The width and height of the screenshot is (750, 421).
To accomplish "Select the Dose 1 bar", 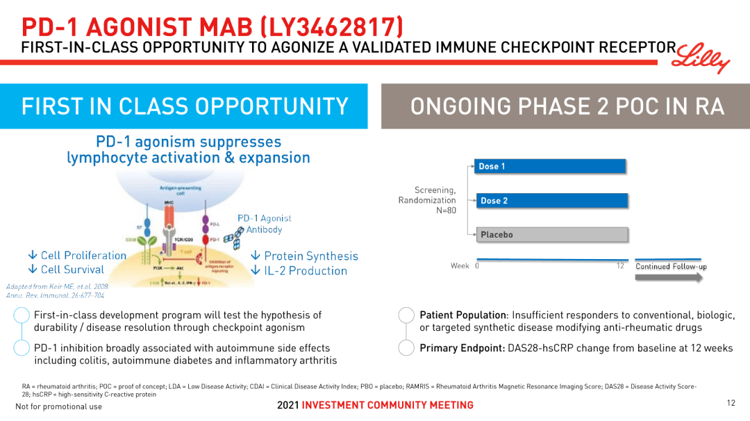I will pyautogui.click(x=551, y=166).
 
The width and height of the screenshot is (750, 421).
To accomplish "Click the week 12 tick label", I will pyautogui.click(x=620, y=266).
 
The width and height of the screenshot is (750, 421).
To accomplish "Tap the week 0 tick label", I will pyautogui.click(x=477, y=266).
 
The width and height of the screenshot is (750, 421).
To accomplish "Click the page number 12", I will pyautogui.click(x=731, y=403).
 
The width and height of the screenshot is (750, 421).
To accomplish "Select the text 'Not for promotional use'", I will pyautogui.click(x=58, y=406).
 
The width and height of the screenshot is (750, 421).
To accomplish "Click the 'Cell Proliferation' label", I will pyautogui.click(x=77, y=256).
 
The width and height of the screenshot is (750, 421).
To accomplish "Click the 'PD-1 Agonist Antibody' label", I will pyautogui.click(x=264, y=224).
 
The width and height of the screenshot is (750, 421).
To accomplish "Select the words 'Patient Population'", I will pyautogui.click(x=462, y=315).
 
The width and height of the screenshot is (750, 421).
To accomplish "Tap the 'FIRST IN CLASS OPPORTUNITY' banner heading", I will pyautogui.click(x=185, y=106).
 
